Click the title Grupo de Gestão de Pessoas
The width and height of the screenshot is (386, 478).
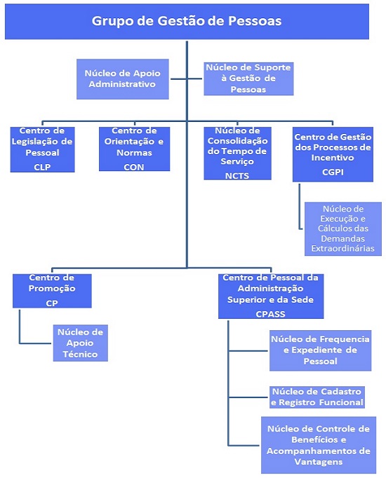click(x=187, y=21)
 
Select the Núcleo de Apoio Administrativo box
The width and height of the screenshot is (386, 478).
click(x=123, y=79)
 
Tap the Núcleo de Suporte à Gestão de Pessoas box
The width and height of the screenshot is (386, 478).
click(x=248, y=78)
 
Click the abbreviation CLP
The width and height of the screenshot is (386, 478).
click(x=42, y=167)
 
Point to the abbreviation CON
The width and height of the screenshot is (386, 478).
click(x=134, y=167)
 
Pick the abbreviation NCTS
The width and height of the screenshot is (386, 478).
click(x=237, y=176)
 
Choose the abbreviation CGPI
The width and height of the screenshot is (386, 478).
click(x=333, y=172)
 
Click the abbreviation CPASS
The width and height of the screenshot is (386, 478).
click(x=271, y=314)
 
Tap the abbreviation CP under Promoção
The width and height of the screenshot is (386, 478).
click(x=52, y=303)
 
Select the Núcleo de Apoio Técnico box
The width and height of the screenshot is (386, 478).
click(x=81, y=343)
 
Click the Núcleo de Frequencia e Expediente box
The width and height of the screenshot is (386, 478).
click(x=321, y=350)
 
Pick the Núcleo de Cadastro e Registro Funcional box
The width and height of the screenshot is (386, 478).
click(x=317, y=397)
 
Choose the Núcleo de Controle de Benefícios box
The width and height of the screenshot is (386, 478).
click(x=319, y=445)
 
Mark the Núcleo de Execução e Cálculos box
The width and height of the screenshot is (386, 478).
click(x=343, y=228)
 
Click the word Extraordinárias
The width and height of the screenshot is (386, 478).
click(x=343, y=248)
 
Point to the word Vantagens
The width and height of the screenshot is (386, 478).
click(x=319, y=462)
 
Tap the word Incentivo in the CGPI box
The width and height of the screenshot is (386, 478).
click(x=333, y=158)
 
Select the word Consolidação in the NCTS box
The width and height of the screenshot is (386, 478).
click(x=237, y=141)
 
